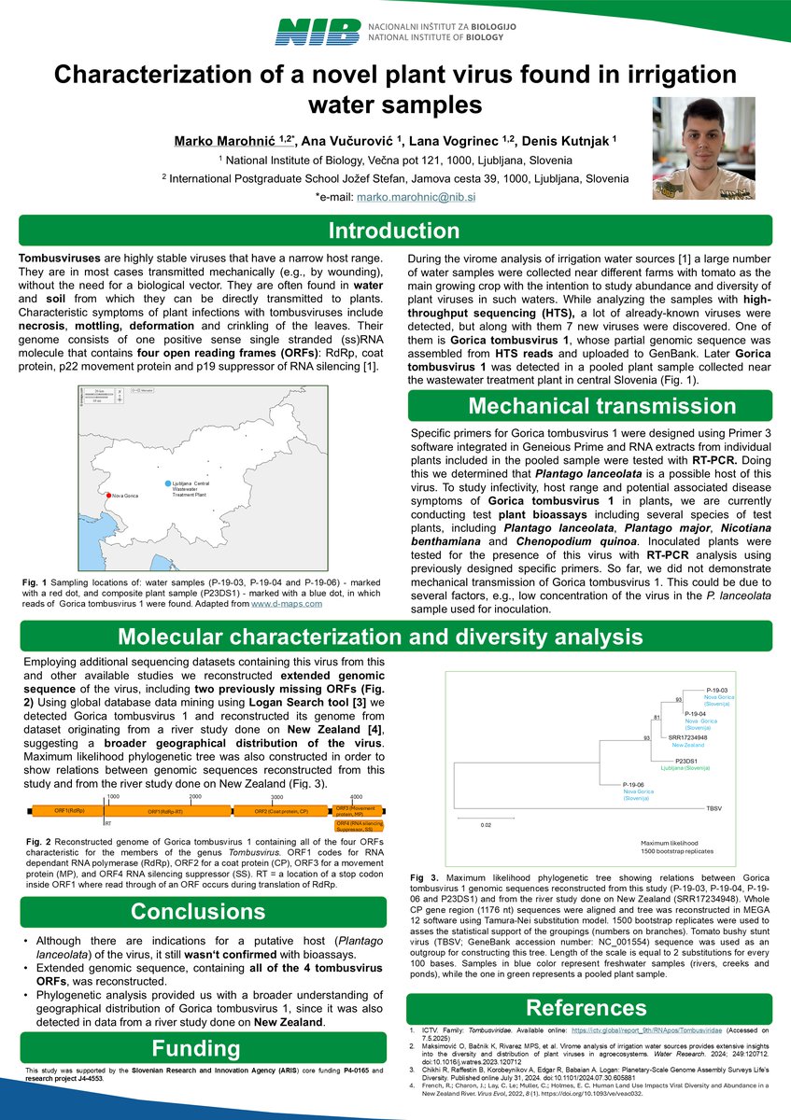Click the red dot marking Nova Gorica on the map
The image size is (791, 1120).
[108, 495]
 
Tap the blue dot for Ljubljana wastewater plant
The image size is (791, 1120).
[168, 483]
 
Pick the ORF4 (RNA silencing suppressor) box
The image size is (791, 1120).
[358, 826]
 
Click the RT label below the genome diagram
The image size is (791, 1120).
[108, 824]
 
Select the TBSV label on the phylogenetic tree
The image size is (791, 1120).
[714, 806]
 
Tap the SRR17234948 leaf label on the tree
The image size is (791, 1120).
[688, 737]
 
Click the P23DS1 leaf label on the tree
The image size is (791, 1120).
[689, 761]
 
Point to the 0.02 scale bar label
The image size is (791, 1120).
[486, 825]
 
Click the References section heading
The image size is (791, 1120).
[586, 1007]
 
